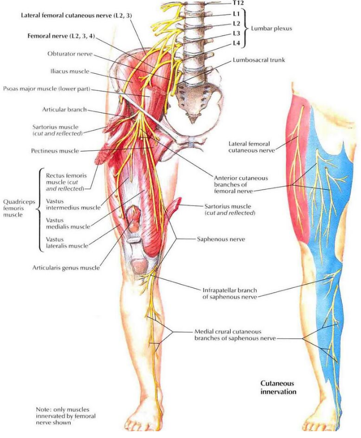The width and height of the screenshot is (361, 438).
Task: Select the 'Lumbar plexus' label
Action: coord(271,28)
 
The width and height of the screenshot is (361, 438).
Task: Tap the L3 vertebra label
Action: coord(236,34)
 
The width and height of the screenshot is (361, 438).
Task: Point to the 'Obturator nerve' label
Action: coord(70,54)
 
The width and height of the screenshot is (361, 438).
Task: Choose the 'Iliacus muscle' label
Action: coord(70,71)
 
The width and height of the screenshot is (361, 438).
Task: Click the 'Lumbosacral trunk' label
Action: coord(259,60)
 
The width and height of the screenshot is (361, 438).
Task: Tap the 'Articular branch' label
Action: coord(64,109)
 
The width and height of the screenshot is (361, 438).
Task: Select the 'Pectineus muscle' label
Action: coord(55,151)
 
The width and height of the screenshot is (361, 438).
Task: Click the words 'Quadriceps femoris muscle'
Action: coord(19,208)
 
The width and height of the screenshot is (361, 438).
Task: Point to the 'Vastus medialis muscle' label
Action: coord(68,223)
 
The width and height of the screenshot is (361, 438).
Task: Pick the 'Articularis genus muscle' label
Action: coord(66,268)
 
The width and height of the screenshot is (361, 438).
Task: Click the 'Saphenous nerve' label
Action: coord(221,239)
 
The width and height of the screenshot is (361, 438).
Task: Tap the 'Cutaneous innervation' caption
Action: coord(278,387)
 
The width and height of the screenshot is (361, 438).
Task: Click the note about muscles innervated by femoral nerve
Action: coord(65,416)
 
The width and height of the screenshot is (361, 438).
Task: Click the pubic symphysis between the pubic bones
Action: coord(191,142)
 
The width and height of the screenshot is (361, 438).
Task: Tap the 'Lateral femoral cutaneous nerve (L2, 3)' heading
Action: coord(76,16)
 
